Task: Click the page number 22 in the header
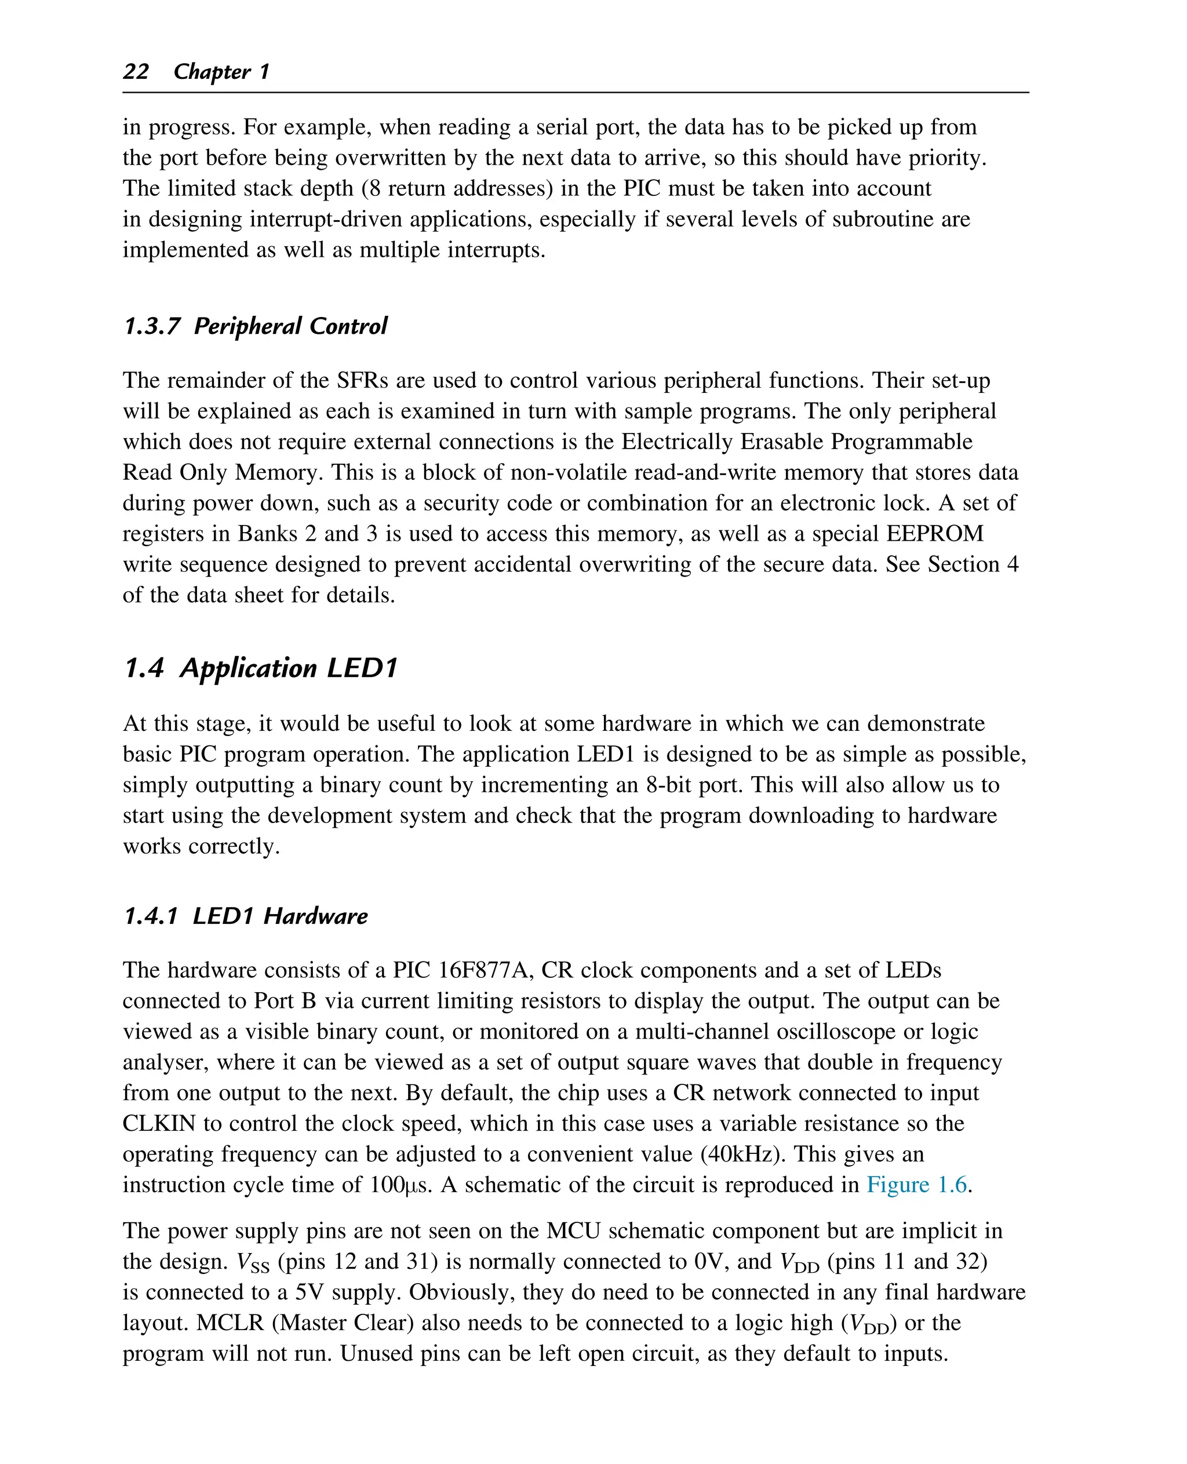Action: tap(136, 71)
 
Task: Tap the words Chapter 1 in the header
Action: tap(221, 71)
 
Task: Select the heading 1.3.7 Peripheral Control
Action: tap(255, 326)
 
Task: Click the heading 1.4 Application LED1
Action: tap(260, 668)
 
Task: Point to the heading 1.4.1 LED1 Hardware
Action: tap(246, 916)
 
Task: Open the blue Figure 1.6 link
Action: tap(917, 1183)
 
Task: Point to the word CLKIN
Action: tap(159, 1123)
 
